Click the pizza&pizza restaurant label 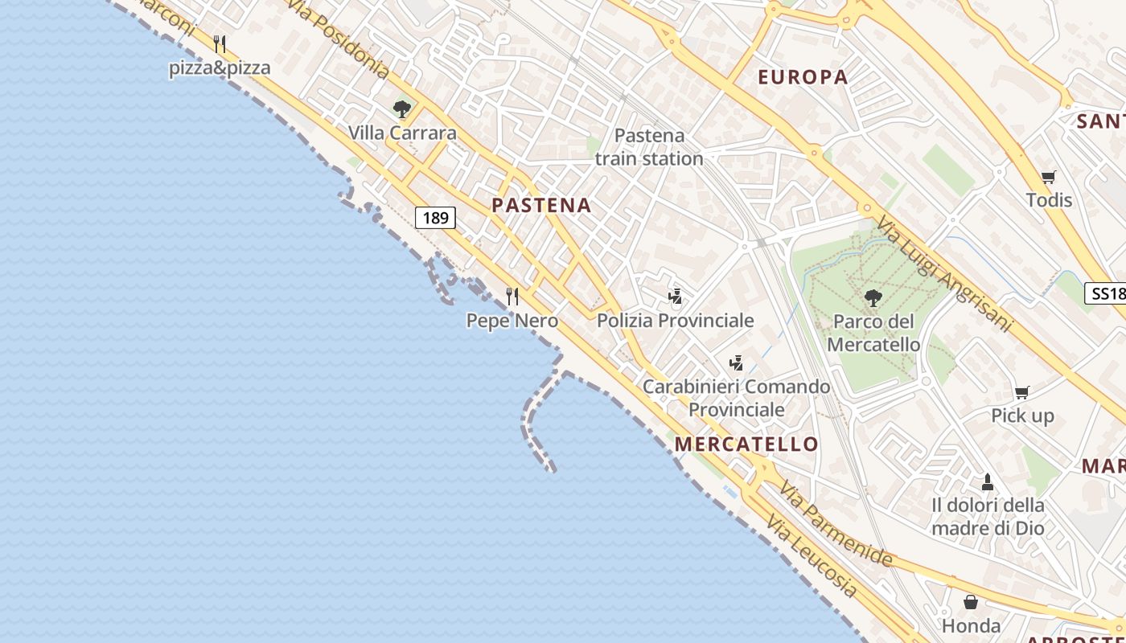[220, 68]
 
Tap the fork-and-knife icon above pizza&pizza [220, 43]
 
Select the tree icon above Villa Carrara [401, 109]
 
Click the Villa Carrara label [402, 133]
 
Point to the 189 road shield [435, 218]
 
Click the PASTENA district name [541, 205]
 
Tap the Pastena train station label [649, 147]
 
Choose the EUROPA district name [803, 77]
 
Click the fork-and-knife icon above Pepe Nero [512, 296]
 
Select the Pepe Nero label [512, 321]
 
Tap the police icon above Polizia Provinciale [675, 297]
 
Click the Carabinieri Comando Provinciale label [736, 398]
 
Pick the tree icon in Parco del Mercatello [873, 298]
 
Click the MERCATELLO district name [746, 444]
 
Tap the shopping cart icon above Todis [1048, 177]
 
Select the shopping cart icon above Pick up [1021, 392]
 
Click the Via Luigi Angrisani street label [944, 273]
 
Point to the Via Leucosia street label [812, 556]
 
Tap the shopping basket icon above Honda [971, 602]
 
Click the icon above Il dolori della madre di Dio [988, 482]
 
